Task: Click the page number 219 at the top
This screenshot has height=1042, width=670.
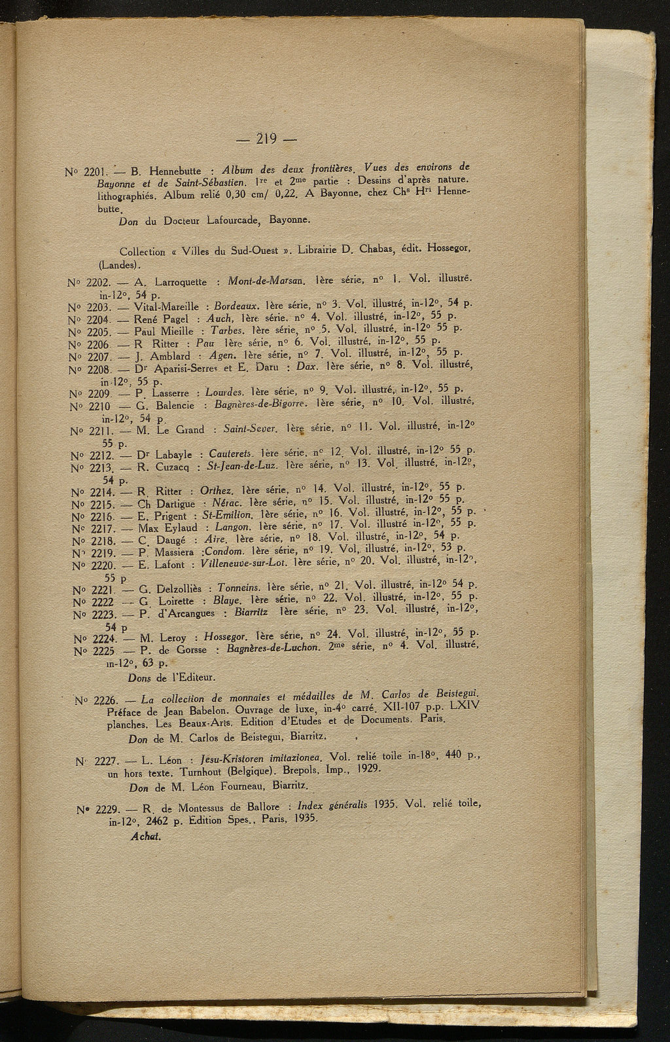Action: click(x=266, y=139)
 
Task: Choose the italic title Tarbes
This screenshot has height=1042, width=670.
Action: click(x=228, y=329)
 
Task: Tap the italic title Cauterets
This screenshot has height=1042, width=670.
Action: click(x=232, y=453)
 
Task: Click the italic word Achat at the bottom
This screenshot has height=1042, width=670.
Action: click(x=145, y=836)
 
